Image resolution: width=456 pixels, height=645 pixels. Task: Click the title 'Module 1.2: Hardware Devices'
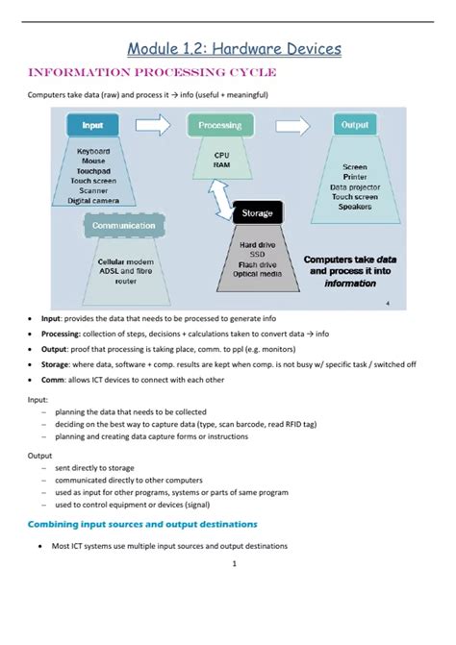[235, 48]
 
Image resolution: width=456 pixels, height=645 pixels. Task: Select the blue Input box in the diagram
[93, 125]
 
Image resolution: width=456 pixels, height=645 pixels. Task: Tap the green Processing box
[220, 126]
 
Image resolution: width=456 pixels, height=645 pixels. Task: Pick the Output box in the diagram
[354, 125]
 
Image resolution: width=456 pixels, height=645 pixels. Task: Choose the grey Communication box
[121, 226]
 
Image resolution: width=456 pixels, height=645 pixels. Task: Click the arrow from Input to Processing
[154, 123]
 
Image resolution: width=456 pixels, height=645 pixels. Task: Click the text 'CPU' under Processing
[220, 154]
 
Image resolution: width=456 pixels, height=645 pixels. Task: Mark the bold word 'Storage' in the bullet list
[57, 365]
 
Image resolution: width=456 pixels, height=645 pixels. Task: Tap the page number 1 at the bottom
[234, 563]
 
